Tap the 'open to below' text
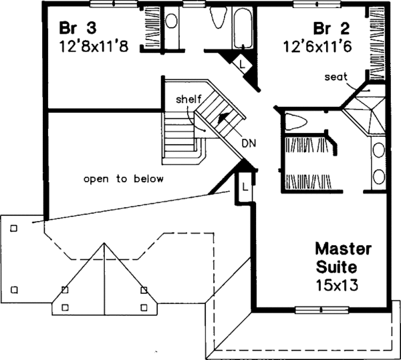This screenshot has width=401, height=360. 124,179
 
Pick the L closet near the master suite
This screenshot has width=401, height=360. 245,188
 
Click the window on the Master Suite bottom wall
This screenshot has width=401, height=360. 320,309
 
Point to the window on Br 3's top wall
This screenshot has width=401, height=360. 112,3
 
